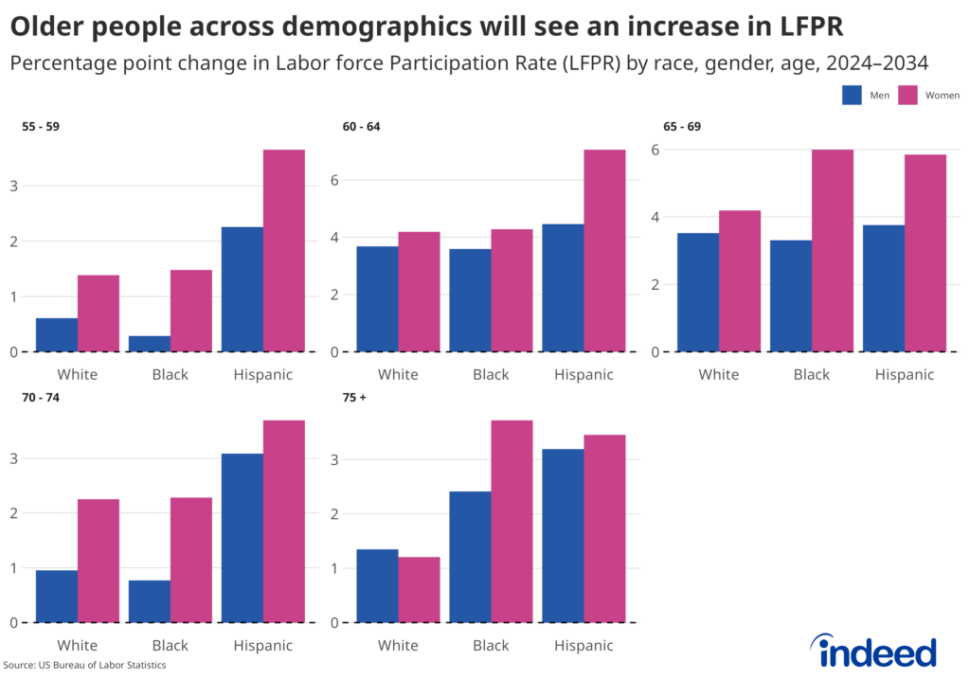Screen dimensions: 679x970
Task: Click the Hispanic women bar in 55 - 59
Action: click(283, 251)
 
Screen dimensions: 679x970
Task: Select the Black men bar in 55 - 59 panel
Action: click(150, 344)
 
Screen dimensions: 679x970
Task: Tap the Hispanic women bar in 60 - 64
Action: click(604, 251)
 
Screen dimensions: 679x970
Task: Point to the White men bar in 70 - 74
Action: click(57, 597)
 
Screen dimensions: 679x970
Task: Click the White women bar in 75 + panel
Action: click(419, 590)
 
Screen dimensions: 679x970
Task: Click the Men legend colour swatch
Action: click(851, 95)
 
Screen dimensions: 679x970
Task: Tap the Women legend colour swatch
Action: click(908, 95)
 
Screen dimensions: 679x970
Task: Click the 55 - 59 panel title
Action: click(41, 126)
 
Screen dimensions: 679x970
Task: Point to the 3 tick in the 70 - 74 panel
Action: click(12, 458)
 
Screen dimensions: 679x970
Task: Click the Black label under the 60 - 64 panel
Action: click(491, 374)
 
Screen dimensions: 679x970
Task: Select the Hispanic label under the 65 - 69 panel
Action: click(904, 374)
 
